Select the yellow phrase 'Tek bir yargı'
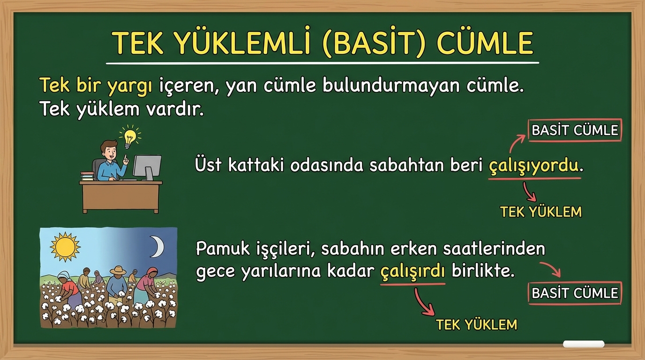click(x=96, y=85)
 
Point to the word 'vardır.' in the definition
click(x=175, y=109)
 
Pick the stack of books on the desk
click(x=87, y=176)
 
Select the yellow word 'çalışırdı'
click(x=412, y=271)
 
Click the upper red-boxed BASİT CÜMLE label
click(x=575, y=130)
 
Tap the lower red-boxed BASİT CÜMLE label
click(x=575, y=293)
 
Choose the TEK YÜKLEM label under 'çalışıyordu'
click(x=541, y=212)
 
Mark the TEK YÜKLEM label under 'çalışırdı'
click(x=477, y=324)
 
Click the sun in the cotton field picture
click(x=65, y=247)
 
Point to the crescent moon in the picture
click(x=157, y=247)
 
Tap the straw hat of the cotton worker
click(x=118, y=270)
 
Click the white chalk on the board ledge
click(x=584, y=344)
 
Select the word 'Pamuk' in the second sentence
click(x=223, y=248)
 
